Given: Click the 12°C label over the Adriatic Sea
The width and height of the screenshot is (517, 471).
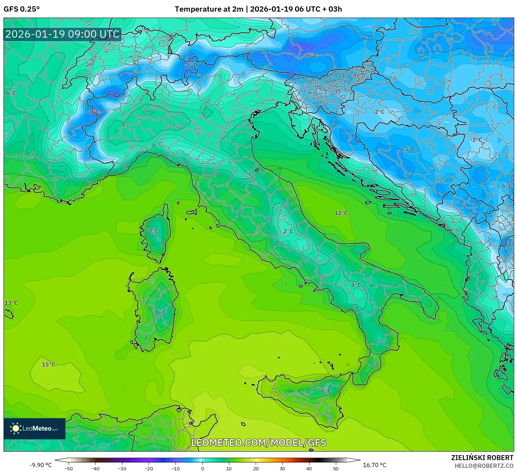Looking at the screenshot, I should pyautogui.click(x=341, y=213).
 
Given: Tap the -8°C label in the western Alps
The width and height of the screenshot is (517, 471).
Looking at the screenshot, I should pyautogui.click(x=94, y=112).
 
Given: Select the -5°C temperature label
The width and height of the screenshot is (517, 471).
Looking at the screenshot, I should pyautogui.click(x=409, y=149).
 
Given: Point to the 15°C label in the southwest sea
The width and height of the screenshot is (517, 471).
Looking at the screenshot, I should pyautogui.click(x=49, y=364).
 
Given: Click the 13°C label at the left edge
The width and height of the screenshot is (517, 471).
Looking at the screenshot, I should pyautogui.click(x=11, y=303).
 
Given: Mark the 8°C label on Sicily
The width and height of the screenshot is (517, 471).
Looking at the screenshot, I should pyautogui.click(x=326, y=390).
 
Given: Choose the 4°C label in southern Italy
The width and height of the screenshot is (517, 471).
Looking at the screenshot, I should pyautogui.click(x=356, y=285).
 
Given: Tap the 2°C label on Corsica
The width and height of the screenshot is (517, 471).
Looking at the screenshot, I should pyautogui.click(x=153, y=231).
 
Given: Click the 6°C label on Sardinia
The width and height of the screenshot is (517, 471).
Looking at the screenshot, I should pyautogui.click(x=161, y=312).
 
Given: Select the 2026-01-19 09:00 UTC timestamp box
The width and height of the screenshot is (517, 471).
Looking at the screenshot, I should pyautogui.click(x=63, y=34).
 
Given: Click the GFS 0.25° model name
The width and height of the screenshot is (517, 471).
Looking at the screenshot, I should pyautogui.click(x=21, y=9).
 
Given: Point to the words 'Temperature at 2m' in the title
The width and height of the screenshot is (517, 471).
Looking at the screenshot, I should pyautogui.click(x=209, y=9).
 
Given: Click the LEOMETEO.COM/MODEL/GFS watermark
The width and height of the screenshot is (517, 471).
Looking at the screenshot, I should pyautogui.click(x=258, y=442).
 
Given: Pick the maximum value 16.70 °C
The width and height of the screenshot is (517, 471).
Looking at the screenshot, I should pyautogui.click(x=375, y=465).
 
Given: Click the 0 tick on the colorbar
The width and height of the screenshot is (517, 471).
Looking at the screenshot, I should pyautogui.click(x=202, y=469).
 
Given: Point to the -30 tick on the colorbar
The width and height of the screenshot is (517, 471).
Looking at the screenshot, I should pyautogui.click(x=122, y=469).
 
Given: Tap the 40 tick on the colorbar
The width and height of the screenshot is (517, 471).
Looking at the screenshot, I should pyautogui.click(x=309, y=469).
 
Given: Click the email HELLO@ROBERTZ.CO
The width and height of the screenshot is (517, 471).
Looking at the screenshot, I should pyautogui.click(x=484, y=466).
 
